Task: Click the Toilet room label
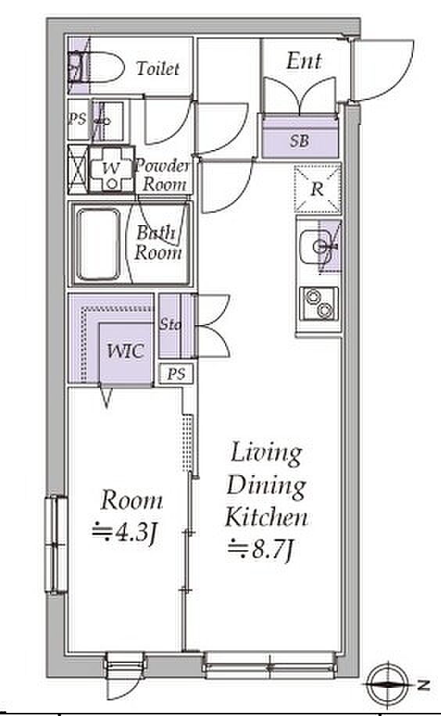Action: click(158, 69)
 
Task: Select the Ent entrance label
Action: click(304, 61)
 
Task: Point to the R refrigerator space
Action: click(317, 188)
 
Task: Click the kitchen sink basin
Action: click(314, 247)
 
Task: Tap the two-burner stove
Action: click(319, 303)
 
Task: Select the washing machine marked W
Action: click(112, 170)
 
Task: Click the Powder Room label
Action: click(162, 175)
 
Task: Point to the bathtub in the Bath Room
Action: click(99, 245)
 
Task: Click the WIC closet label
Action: click(125, 351)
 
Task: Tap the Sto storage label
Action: click(170, 324)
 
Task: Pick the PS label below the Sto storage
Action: click(177, 374)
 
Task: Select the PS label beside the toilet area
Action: click(77, 120)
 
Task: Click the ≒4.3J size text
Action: click(125, 532)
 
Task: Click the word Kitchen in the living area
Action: click(267, 517)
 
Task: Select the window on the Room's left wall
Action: click(56, 544)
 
